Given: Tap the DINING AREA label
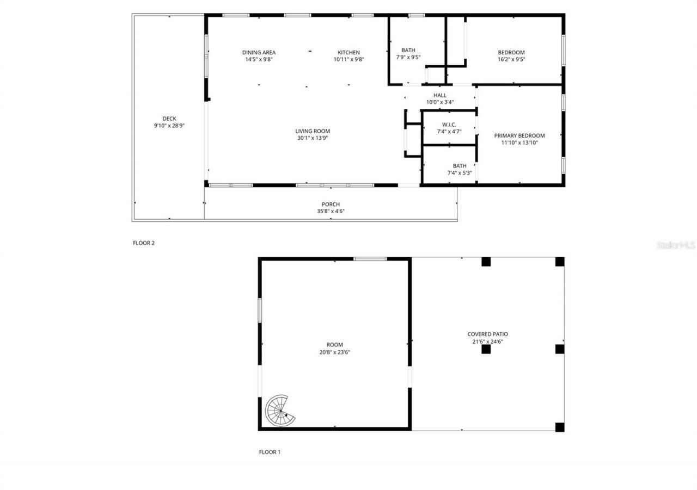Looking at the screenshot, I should click(x=259, y=53).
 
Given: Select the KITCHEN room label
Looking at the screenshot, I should click(x=348, y=53).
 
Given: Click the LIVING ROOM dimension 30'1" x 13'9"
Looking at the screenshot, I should click(x=313, y=138).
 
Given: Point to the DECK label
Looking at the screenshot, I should click(x=169, y=119).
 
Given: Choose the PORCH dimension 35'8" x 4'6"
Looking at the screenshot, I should click(x=331, y=212).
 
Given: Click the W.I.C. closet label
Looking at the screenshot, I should click(x=449, y=125).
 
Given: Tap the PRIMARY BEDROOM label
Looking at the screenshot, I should click(x=519, y=135).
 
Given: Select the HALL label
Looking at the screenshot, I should click(x=439, y=95).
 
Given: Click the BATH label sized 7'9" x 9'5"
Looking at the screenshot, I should click(x=408, y=50).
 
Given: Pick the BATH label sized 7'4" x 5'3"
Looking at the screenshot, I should click(x=460, y=166).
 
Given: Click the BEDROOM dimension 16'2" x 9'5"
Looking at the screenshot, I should click(x=511, y=60).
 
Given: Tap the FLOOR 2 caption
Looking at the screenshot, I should click(x=144, y=243).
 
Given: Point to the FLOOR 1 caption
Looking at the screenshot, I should click(x=270, y=452).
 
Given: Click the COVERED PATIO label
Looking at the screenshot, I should click(x=487, y=334).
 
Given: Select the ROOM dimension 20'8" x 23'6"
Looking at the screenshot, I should click(x=334, y=352).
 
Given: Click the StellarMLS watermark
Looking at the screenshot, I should click(x=676, y=245).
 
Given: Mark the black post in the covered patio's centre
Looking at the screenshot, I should click(x=486, y=349).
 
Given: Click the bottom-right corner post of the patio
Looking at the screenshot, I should click(x=559, y=427).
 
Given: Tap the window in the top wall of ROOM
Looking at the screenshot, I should click(x=370, y=259).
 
